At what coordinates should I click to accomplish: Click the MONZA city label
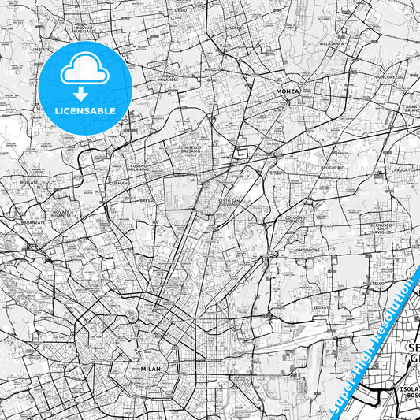[288, 91]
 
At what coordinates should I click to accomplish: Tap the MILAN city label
[150, 369]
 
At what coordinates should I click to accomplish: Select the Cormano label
[121, 183]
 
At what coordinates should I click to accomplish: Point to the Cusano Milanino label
[139, 168]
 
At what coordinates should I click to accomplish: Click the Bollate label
[29, 182]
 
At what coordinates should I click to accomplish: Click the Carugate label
[401, 170]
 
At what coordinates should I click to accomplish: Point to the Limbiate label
[40, 47]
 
